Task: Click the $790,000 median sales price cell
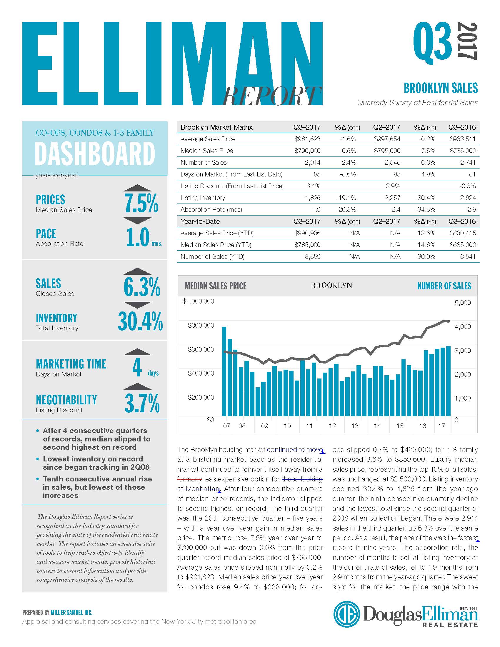coord(307,151)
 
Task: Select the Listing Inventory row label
coord(203,198)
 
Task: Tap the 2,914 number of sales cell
coord(312,162)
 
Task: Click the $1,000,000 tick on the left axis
coord(198,301)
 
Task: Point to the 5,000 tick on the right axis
coord(462,302)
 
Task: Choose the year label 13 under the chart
coord(355,426)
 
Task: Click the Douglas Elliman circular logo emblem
coord(346,614)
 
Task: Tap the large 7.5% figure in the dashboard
coord(141,203)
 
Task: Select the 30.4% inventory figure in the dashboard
coord(140,321)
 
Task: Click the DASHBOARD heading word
coord(95,154)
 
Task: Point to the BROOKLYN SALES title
coord(441,88)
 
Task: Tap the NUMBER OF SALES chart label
coord(444,286)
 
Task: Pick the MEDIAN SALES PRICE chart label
coord(215,286)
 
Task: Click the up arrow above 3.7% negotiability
coord(137,386)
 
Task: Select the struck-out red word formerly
coord(190,479)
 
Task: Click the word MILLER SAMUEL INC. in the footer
coord(72,612)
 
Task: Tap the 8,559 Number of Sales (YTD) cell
coord(312,256)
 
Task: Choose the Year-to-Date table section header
coord(200,221)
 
